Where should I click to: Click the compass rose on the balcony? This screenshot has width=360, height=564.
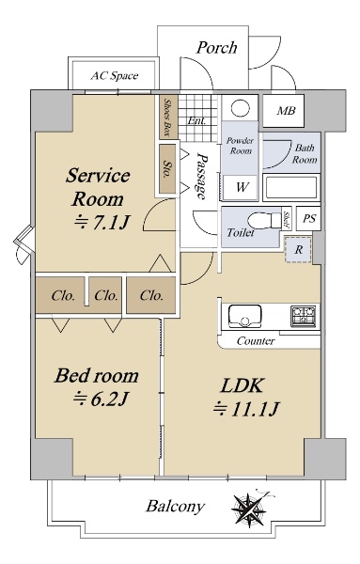249,509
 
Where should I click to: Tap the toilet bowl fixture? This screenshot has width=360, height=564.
265,220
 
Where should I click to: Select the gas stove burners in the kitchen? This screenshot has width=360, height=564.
304,316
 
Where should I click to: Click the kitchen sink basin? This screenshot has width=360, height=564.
245,317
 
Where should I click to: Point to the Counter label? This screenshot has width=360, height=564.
256,340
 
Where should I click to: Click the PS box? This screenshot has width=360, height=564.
308,218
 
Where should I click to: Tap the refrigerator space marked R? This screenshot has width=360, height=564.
298,250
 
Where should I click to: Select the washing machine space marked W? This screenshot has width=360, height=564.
241,187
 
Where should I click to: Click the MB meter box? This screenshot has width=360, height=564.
284,111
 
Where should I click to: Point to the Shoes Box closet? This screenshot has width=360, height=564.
167,117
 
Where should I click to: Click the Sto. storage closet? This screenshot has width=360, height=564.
167,168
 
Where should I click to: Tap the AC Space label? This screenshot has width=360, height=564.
115,75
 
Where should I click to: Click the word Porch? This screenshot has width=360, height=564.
216,48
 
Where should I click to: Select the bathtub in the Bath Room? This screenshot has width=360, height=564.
291,187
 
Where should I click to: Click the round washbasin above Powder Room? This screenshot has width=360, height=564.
241,108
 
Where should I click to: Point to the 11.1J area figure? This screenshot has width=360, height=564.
246,409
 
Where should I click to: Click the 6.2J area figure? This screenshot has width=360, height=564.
102,399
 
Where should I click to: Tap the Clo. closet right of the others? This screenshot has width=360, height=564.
151,295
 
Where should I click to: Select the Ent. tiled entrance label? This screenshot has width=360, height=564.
196,120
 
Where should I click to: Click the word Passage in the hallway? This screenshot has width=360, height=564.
202,177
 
